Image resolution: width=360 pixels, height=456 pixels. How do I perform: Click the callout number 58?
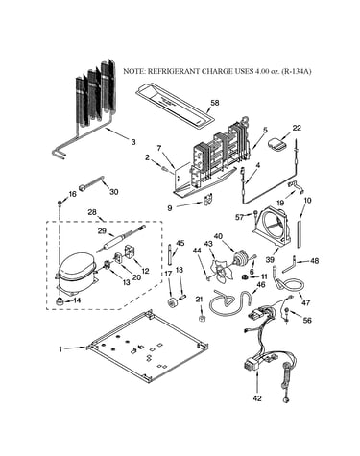click(x=215, y=103)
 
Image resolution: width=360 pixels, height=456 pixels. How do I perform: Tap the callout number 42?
click(x=257, y=398)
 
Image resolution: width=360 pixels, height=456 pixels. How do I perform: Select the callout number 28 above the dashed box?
click(x=92, y=212)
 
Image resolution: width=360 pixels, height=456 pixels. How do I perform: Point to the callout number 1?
click(x=60, y=349)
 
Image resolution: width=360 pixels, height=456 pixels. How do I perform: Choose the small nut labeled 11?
click(x=246, y=276)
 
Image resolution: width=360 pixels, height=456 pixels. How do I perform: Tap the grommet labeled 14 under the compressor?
click(x=60, y=301)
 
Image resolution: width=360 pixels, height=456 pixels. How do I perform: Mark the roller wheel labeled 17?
click(x=173, y=301)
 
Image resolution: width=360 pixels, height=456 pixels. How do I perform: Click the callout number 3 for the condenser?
click(x=133, y=142)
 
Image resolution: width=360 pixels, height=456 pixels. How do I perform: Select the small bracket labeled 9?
click(x=208, y=201)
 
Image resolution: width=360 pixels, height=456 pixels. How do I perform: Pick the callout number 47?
click(x=305, y=302)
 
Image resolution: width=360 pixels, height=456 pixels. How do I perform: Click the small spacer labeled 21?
click(x=202, y=319)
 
